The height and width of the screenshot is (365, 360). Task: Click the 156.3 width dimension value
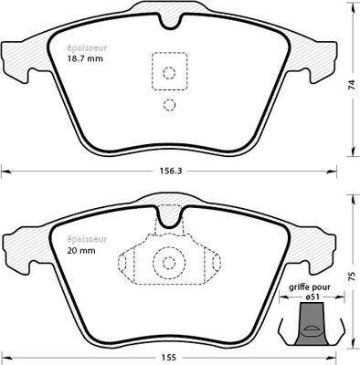(171, 172)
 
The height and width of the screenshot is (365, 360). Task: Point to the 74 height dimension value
(352, 85)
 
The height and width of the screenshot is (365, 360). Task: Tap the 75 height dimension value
(352, 276)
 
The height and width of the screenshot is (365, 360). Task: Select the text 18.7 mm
(85, 58)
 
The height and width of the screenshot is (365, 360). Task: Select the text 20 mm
(81, 251)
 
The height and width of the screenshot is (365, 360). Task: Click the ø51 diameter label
(312, 297)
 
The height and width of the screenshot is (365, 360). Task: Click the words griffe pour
(310, 287)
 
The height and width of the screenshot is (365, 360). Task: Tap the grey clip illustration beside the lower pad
(312, 324)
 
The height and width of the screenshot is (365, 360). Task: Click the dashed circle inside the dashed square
(169, 73)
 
